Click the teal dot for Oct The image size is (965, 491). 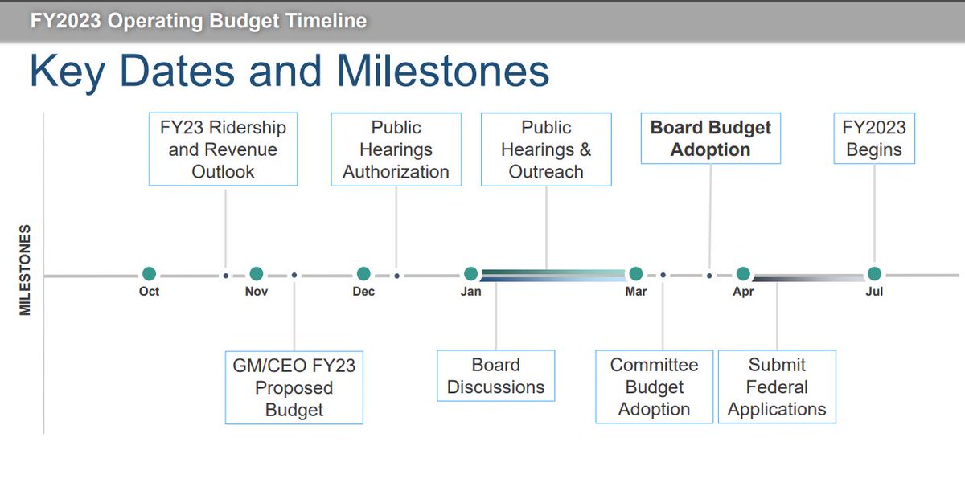(x=149, y=274)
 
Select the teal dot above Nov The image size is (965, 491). (x=257, y=274)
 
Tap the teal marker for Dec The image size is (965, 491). (x=363, y=274)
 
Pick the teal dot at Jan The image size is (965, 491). (x=471, y=274)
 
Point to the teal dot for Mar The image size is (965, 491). (x=636, y=274)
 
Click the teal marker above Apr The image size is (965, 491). (x=743, y=274)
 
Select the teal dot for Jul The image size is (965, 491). (x=874, y=274)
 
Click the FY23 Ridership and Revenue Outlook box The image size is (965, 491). (x=223, y=149)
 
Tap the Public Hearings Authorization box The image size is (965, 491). (x=396, y=149)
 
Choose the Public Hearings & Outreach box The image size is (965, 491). (x=546, y=149)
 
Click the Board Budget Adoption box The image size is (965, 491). (x=711, y=139)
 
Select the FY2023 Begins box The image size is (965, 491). (x=874, y=139)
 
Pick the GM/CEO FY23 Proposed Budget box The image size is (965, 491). (x=294, y=387)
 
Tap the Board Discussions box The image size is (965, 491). (x=495, y=376)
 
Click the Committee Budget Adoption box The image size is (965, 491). (x=654, y=387)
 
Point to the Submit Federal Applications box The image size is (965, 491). (x=777, y=387)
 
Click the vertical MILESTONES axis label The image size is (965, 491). (x=25, y=269)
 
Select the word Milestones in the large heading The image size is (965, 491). (x=443, y=72)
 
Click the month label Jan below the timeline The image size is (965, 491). (x=471, y=292)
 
